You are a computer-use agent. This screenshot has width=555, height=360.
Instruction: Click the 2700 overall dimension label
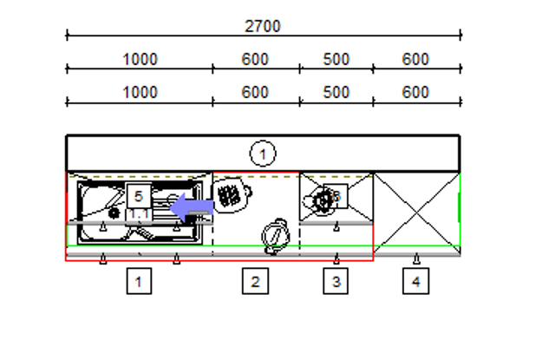coord(262,26)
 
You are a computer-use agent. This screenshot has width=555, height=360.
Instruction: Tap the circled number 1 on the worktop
coord(263,154)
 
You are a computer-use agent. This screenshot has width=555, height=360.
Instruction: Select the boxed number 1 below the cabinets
coord(139,281)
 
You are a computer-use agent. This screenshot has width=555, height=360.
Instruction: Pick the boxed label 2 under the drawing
coord(255,281)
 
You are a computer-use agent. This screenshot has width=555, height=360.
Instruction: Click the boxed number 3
coord(336,281)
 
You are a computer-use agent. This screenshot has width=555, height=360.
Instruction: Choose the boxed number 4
coord(416,281)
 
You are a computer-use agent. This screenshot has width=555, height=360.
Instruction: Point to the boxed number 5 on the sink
coord(139,196)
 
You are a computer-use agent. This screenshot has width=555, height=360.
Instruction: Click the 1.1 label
coord(139,214)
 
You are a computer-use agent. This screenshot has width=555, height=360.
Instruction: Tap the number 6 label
coord(336,196)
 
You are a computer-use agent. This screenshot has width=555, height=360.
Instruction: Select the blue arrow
coord(192,207)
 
